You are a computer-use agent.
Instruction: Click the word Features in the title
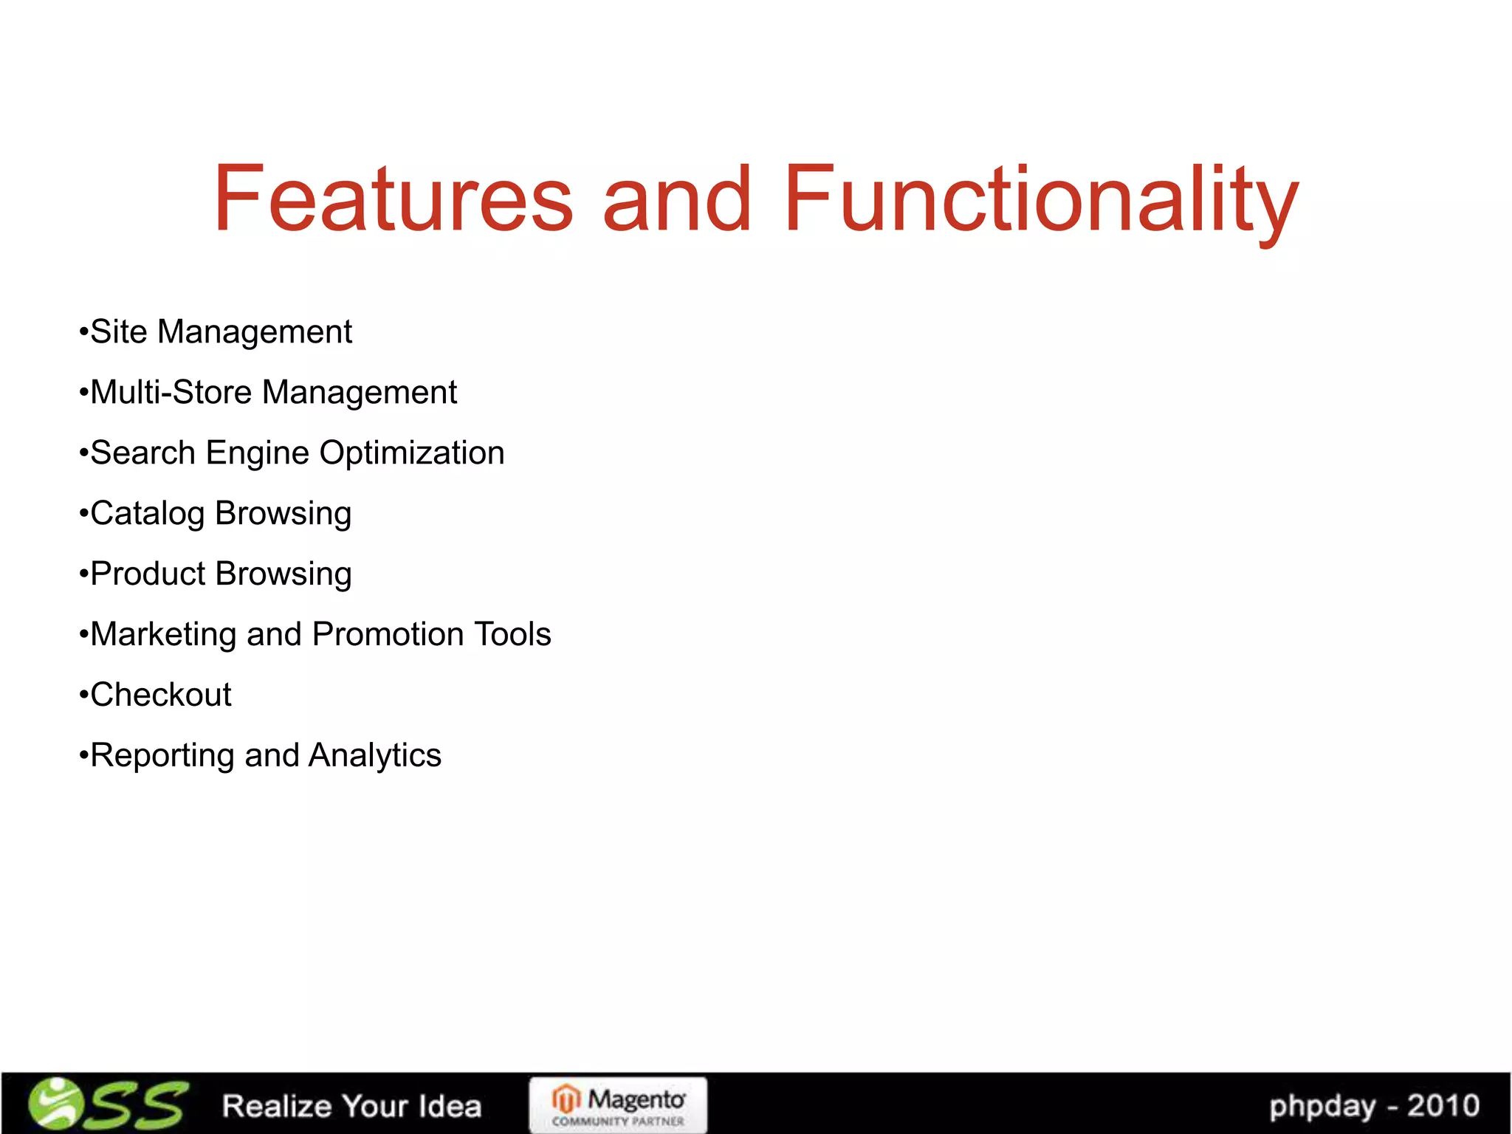[x=393, y=198]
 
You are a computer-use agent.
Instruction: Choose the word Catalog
[x=147, y=514]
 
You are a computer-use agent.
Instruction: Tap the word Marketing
[x=163, y=635]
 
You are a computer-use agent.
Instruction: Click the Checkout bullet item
[x=160, y=695]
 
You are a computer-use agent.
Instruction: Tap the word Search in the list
[x=142, y=453]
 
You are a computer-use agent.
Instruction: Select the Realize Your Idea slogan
[x=351, y=1106]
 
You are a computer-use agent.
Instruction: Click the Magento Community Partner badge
[x=618, y=1105]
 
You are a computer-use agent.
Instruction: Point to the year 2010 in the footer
[x=1443, y=1105]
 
